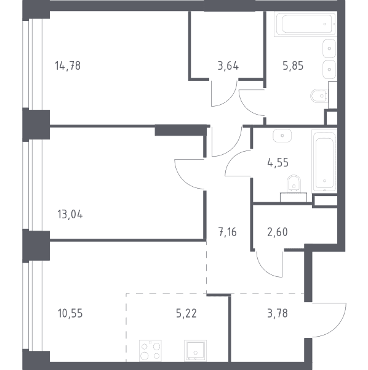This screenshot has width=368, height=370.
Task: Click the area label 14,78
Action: pyautogui.click(x=68, y=65)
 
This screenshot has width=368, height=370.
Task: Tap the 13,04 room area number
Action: pyautogui.click(x=70, y=215)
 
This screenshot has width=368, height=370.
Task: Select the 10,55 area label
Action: pyautogui.click(x=70, y=313)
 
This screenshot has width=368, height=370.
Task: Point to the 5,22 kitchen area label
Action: pyautogui.click(x=186, y=313)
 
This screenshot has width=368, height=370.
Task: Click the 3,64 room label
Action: pyautogui.click(x=228, y=65)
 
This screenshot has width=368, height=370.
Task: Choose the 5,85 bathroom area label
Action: pyautogui.click(x=293, y=65)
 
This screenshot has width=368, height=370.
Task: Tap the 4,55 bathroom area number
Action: pyautogui.click(x=278, y=163)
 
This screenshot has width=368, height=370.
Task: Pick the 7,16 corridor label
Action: pyautogui.click(x=228, y=232)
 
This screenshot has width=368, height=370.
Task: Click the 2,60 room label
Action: pyautogui.click(x=278, y=232)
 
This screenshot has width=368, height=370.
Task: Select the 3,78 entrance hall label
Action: pyautogui.click(x=278, y=313)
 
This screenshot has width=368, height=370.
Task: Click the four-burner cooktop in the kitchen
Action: pyautogui.click(x=150, y=350)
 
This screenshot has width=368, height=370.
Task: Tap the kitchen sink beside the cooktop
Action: pyautogui.click(x=195, y=350)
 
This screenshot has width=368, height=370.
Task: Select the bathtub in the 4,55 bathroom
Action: pyautogui.click(x=324, y=161)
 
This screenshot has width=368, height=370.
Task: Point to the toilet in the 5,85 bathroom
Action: pyautogui.click(x=319, y=96)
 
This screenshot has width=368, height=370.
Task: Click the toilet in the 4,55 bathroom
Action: pyautogui.click(x=294, y=184)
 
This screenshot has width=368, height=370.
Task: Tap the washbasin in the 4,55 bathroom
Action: pyautogui.click(x=282, y=136)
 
